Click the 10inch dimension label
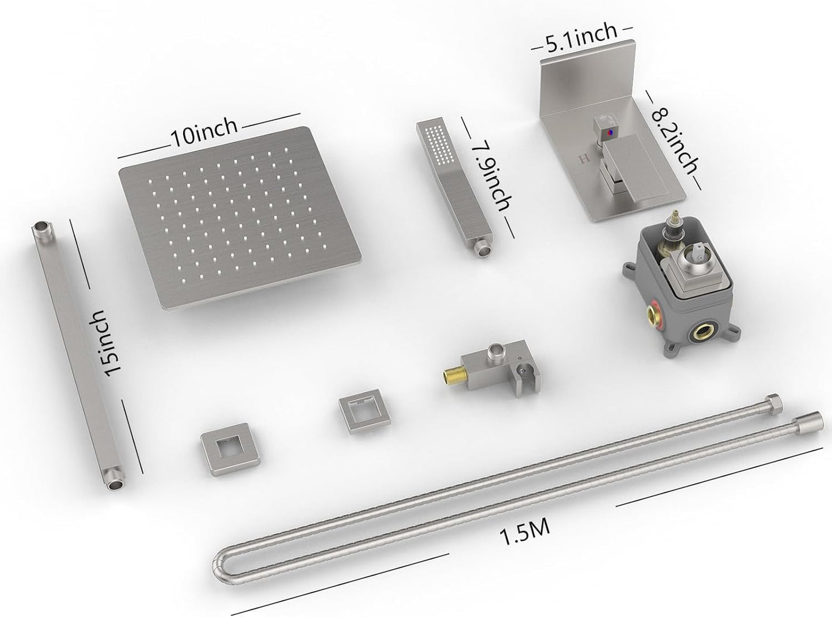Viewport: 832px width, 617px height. [x=203, y=132]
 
